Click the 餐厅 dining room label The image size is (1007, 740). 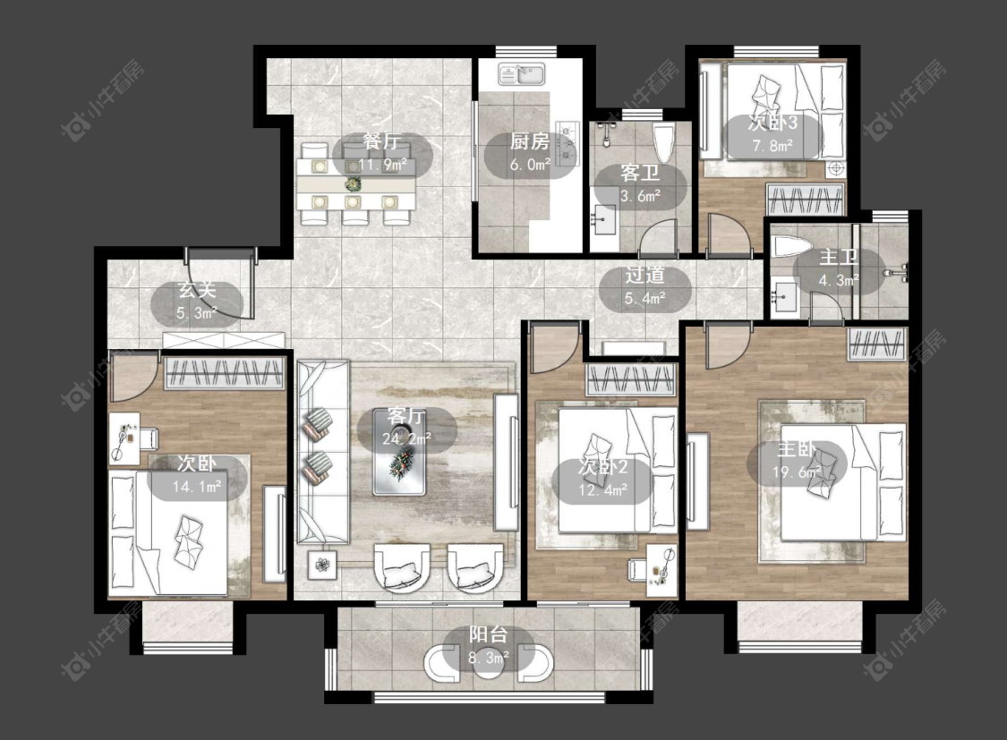[x=382, y=141]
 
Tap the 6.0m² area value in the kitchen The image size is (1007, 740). [x=531, y=165]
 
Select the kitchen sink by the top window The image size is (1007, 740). [x=522, y=74]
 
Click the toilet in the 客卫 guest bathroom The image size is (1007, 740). [x=663, y=142]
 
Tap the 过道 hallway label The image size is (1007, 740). [x=644, y=276]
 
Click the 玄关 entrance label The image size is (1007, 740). [x=197, y=290]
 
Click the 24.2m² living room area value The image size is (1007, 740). [x=406, y=439]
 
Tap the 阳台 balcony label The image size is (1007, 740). [x=488, y=634]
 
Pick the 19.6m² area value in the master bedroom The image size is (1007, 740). [x=797, y=472]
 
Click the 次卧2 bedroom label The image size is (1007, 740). [x=603, y=466]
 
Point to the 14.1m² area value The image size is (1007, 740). [x=197, y=487]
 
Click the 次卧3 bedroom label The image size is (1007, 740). [x=772, y=123]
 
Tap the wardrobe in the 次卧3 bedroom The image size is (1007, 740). [x=806, y=199]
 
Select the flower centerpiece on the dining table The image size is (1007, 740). [x=353, y=185]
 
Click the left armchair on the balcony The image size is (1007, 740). [x=442, y=661]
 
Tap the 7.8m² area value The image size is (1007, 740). [x=772, y=146]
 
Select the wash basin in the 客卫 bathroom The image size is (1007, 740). [x=604, y=222]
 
